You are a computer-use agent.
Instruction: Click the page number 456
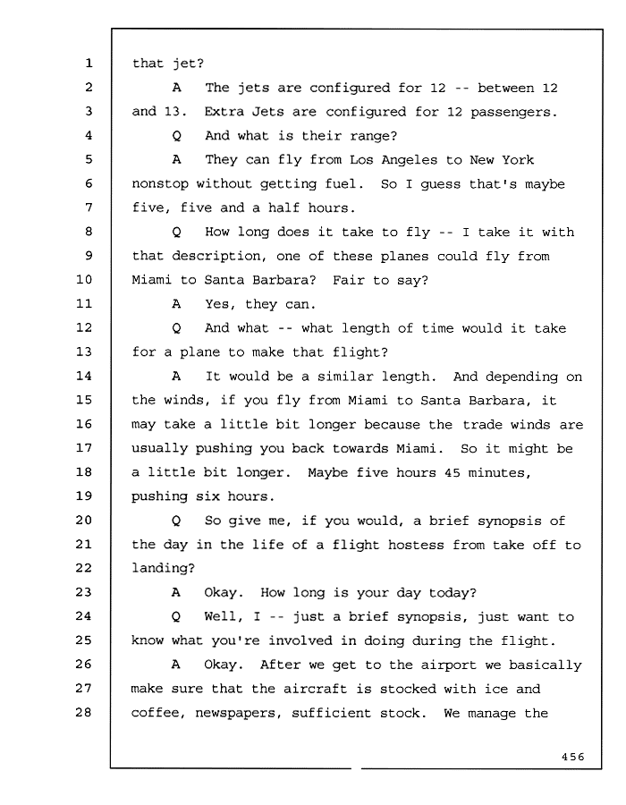point(572,756)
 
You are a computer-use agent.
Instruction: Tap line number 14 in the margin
point(84,376)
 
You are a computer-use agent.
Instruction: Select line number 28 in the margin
point(84,712)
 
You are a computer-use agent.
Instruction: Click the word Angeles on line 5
point(409,161)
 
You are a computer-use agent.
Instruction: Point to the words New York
point(502,160)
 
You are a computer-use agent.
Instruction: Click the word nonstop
point(160,184)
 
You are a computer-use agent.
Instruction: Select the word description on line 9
point(216,256)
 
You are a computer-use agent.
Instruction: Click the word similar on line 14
point(345,377)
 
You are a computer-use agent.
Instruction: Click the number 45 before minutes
point(452,472)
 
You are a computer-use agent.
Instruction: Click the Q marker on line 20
point(176,521)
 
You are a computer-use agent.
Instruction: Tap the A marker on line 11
point(176,304)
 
